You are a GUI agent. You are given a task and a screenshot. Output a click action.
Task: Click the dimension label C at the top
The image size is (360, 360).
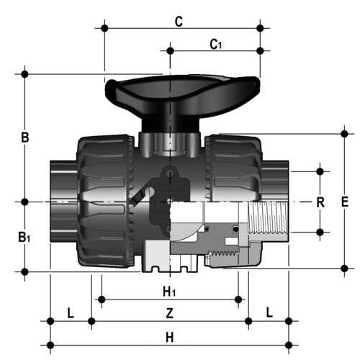tap(179, 22)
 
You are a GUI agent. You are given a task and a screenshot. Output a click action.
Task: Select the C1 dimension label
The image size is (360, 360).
tap(216, 45)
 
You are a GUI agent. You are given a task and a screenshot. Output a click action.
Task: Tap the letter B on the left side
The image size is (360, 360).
tap(25, 138)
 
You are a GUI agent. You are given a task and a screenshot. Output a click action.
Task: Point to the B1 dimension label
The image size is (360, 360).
tap(24, 238)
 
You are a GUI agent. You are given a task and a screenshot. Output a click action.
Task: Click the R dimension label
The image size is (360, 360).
tap(320, 202)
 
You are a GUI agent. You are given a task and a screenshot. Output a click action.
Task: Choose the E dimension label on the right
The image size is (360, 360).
tap(345, 202)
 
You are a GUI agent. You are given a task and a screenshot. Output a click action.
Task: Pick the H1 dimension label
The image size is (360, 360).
tap(169, 292)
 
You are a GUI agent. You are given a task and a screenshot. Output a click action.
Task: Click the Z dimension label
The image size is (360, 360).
tap(170, 313)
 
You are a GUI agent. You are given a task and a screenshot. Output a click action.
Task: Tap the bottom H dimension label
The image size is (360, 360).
tap(170, 338)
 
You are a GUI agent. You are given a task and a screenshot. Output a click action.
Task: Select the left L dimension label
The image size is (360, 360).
tap(71, 313)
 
